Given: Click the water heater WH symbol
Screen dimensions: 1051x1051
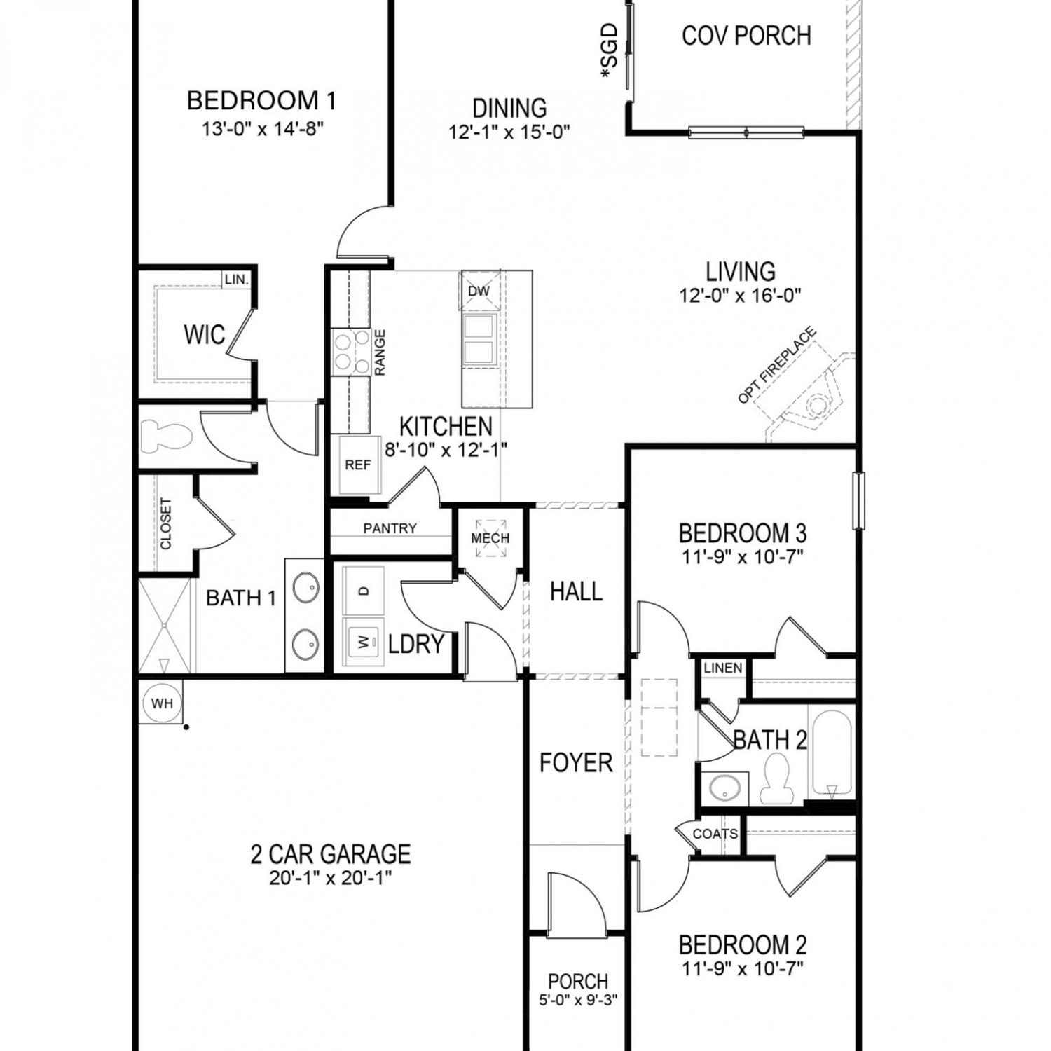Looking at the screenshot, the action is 162,703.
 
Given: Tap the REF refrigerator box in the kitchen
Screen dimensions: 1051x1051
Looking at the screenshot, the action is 358,465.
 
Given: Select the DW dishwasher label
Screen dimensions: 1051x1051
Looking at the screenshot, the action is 479,291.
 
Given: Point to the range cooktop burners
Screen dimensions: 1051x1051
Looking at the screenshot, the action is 351,352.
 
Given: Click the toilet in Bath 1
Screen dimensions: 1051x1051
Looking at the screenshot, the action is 166,437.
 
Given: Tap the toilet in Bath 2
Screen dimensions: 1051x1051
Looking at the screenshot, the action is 776,778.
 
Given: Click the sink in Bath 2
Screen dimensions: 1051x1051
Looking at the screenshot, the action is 722,789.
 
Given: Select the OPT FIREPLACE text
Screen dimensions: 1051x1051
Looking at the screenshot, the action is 777,365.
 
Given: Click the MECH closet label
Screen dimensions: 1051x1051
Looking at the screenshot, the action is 490,538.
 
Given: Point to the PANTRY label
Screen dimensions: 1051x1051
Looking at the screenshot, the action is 390,528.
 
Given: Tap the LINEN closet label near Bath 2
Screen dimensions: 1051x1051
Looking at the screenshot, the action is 723,668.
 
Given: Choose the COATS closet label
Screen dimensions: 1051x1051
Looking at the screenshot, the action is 715,834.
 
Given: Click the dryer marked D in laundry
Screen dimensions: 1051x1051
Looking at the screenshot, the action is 363,591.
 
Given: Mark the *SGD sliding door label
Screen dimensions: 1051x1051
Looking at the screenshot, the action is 610,50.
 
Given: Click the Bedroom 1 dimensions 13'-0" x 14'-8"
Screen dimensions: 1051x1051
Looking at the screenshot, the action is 263,130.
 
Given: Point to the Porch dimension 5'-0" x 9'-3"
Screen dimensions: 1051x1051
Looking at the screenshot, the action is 578,1000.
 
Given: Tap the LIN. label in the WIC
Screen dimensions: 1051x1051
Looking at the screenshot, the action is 237,280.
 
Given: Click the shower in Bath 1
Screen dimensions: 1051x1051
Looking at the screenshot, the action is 164,625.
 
